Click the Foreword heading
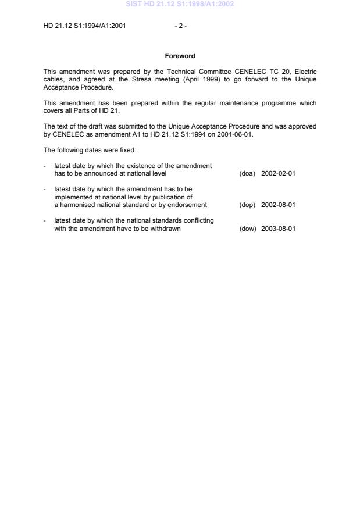click(x=180, y=56)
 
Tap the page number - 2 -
click(x=180, y=26)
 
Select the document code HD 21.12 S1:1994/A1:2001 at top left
click(x=85, y=26)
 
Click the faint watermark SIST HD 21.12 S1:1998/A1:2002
click(x=180, y=5)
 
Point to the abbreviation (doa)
click(x=247, y=173)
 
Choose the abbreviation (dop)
click(x=247, y=205)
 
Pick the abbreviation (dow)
click(x=247, y=229)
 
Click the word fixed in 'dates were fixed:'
click(x=126, y=150)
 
